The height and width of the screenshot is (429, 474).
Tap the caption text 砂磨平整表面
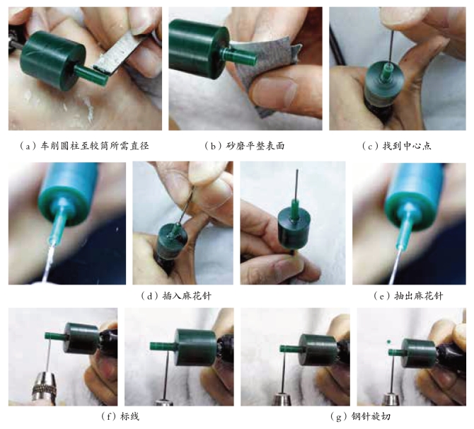tap(255, 146)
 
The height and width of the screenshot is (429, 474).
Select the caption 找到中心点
tap(407, 146)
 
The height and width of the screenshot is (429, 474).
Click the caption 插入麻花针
tap(187, 296)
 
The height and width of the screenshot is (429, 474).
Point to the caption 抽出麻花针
tap(419, 296)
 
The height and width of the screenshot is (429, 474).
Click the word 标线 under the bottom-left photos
tap(130, 416)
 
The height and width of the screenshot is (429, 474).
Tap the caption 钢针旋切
tap(371, 416)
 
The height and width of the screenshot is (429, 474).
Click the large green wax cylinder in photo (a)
tap(53, 60)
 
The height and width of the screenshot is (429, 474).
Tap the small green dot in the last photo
tap(389, 342)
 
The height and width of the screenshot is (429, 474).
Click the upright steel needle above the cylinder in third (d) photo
tap(297, 185)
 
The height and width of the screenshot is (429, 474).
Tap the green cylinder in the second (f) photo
tap(195, 347)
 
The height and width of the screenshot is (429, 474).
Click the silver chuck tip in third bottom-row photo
tap(283, 400)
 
